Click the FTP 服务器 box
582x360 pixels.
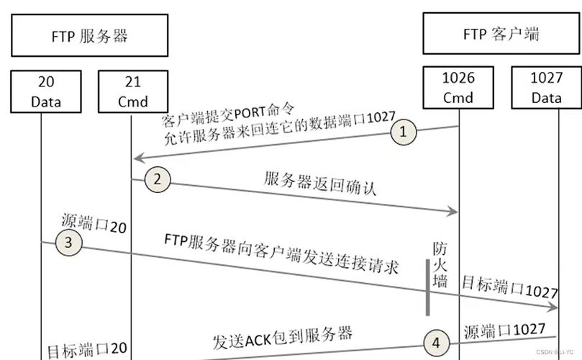click(90, 35)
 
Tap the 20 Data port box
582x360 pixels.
click(46, 90)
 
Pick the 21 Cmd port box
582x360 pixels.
click(132, 90)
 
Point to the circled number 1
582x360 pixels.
click(404, 132)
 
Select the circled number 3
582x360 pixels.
click(69, 243)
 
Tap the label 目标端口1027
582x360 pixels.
click(510, 286)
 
